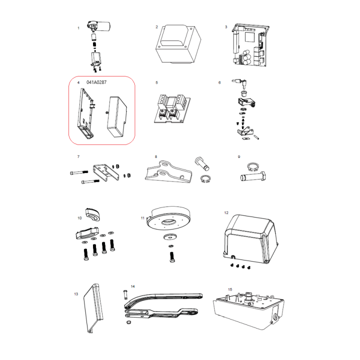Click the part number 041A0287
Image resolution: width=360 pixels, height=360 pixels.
coord(96,82)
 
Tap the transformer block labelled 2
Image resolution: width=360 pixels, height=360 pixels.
coord(178,44)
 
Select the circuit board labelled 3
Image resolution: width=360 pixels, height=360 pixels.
coord(250,45)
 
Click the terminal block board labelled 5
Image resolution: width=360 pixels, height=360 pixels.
coord(172,108)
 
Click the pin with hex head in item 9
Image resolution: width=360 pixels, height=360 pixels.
coord(253,176)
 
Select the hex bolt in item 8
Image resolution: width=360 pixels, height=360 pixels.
coord(202,163)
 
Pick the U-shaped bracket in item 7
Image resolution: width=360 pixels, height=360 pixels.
coord(106,172)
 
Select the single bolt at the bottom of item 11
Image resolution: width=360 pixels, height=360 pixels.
coord(172,257)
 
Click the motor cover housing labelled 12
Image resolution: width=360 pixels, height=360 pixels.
coord(250,239)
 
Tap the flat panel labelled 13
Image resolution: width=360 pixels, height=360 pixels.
coord(93,308)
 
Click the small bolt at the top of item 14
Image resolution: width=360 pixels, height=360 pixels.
coord(125,294)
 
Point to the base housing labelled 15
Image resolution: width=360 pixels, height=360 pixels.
coord(249,310)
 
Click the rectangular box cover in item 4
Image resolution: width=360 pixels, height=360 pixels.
coord(117,116)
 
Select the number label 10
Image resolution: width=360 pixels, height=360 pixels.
coord(79,218)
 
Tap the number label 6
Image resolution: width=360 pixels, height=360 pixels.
coord(219,82)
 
